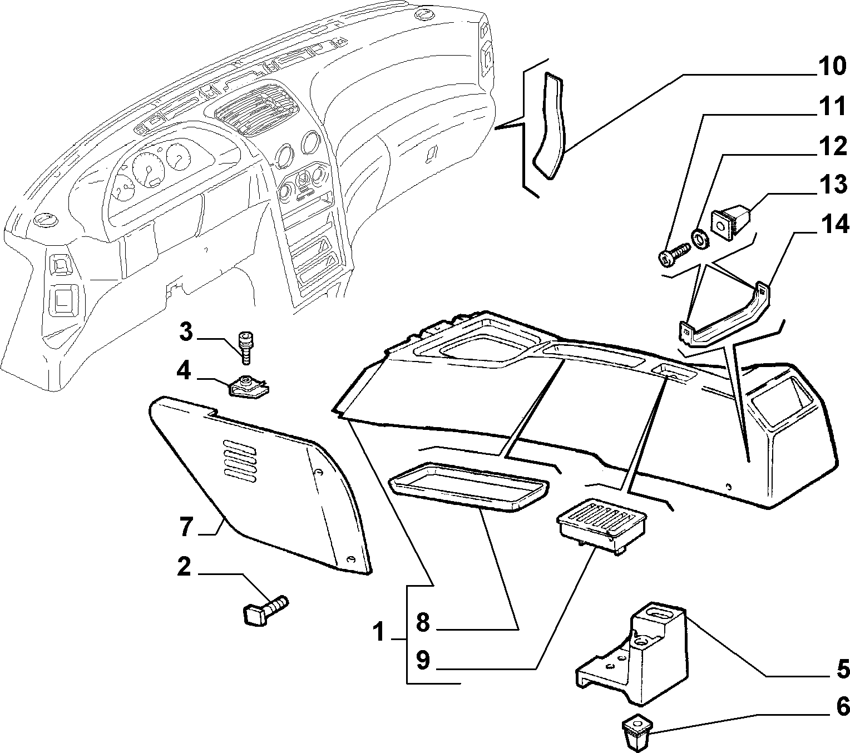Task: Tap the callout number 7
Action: (x=187, y=527)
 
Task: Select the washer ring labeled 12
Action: (x=700, y=240)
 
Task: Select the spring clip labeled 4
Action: (x=248, y=387)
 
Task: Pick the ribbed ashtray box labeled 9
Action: (x=601, y=526)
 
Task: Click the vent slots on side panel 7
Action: (x=240, y=460)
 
